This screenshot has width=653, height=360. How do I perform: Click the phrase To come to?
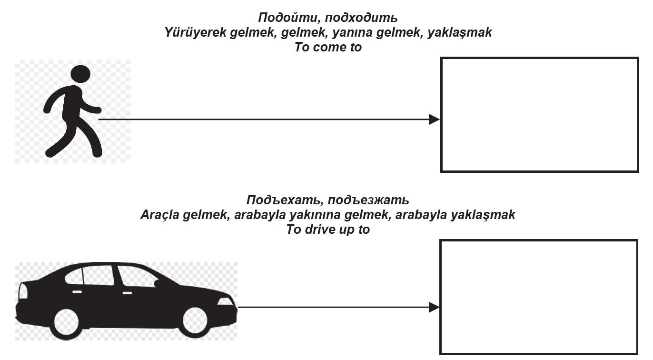328,47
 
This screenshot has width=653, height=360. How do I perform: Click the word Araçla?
161,215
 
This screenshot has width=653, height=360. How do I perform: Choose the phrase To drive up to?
328,230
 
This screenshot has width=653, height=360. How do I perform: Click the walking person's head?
80,74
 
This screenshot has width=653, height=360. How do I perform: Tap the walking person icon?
73,112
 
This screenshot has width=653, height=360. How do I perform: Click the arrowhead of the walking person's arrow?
434,120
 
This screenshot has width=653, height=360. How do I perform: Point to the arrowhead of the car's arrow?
434,307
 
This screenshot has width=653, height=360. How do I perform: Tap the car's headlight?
226,301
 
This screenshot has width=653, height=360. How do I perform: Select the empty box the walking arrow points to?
539,114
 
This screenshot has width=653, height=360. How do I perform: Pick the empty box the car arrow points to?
538,297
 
